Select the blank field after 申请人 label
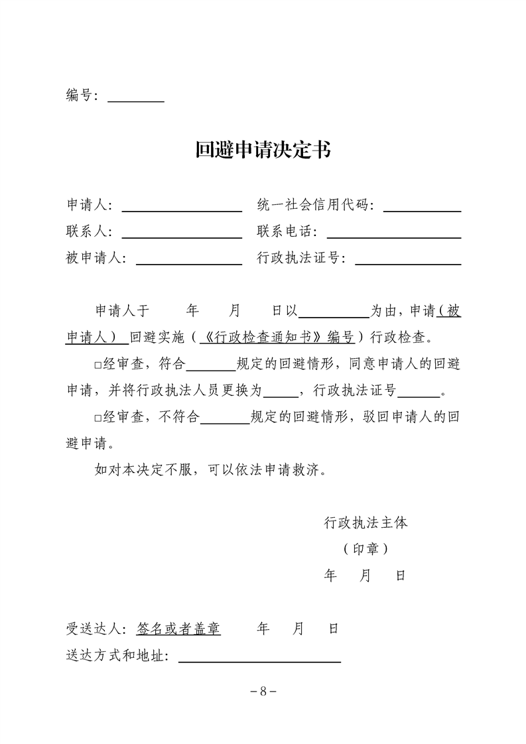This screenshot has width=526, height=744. pos(182,206)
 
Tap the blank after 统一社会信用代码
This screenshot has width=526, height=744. pos(422,206)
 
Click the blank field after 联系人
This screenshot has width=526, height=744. pos(182,233)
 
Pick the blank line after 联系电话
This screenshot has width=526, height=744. pos(394,233)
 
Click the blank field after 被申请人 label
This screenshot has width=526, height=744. pos(189,259)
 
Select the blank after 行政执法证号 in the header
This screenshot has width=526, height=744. pos(408,259)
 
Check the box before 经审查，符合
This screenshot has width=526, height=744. pos(98,365)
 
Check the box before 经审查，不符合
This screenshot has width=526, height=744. pos(98,418)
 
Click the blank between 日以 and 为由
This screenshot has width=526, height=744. pos(336,311)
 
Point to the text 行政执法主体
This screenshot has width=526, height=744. pos(365,523)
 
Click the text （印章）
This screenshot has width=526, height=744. pos(365,549)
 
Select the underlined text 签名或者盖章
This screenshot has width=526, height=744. pos(178,629)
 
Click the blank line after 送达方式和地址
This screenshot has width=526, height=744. pos(259,656)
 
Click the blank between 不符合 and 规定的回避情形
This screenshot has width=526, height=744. pos(225,418)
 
